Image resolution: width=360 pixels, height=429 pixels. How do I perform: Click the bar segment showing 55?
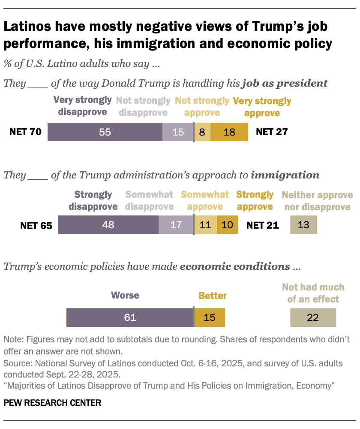tap(105, 132)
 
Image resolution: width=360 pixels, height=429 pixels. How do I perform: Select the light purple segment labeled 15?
tap(178, 132)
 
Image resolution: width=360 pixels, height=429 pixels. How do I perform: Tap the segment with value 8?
tap(202, 132)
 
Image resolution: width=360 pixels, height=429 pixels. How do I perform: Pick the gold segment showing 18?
tap(229, 132)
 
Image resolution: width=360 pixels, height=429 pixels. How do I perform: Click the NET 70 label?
tap(25, 132)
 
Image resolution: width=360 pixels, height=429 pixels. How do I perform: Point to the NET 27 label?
tap(271, 132)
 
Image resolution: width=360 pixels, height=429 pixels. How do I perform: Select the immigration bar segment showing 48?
tap(108, 225)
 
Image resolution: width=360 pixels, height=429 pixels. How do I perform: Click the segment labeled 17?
tap(176, 225)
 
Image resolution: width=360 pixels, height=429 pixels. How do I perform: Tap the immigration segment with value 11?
tap(206, 225)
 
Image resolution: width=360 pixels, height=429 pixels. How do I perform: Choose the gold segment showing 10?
tap(227, 225)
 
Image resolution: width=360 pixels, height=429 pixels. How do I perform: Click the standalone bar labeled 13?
tap(303, 225)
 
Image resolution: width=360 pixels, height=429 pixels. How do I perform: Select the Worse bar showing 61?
tap(130, 317)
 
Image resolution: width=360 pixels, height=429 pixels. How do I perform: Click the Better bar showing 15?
tap(210, 317)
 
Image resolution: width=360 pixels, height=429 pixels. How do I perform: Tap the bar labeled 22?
tap(313, 317)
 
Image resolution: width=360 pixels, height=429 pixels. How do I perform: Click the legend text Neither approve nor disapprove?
tap(318, 201)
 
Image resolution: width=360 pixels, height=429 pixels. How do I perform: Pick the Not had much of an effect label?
tap(313, 293)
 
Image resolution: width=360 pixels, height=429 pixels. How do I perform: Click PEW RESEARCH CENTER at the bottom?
tap(52, 403)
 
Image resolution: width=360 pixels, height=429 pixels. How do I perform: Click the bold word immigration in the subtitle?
tap(285, 175)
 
